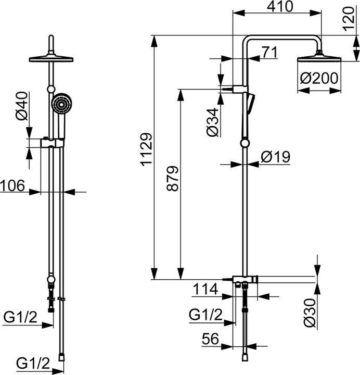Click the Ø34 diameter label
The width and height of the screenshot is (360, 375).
point(212,123)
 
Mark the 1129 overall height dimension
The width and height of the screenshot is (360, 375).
point(146,150)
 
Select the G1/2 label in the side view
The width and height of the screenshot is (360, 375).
point(205,315)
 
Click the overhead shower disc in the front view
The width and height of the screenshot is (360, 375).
point(52,58)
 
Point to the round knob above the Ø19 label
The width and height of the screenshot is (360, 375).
point(245,144)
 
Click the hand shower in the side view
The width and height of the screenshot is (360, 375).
point(251,102)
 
